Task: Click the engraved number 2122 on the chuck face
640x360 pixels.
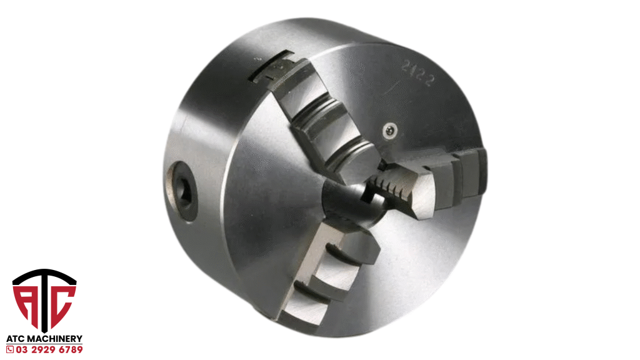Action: point(416,73)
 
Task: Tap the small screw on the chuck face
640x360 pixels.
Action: point(390,131)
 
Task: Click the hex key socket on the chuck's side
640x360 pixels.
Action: point(184,191)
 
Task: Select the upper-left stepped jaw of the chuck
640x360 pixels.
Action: point(322,118)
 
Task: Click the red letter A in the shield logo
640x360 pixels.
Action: point(25,304)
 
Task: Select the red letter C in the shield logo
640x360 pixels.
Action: point(62,304)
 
